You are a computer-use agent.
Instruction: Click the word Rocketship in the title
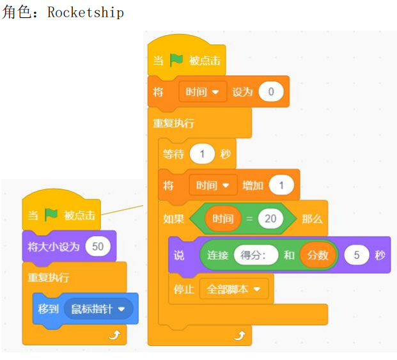[86, 12]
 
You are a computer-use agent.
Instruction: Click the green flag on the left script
[51, 215]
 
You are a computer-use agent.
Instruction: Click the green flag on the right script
[176, 60]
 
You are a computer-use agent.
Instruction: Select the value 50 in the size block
[98, 246]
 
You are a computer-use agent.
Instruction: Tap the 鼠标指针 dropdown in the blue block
[98, 309]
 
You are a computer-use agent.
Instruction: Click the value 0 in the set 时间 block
[271, 91]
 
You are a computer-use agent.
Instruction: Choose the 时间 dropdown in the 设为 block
[203, 91]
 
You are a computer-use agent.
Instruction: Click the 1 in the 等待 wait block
[202, 153]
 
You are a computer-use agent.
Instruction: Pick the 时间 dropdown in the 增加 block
[213, 185]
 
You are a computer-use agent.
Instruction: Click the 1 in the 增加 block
[281, 185]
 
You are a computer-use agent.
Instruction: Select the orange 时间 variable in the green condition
[223, 219]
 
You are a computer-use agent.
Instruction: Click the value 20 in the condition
[270, 219]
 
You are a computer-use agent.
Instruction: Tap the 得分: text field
[256, 255]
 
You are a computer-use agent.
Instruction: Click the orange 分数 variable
[318, 255]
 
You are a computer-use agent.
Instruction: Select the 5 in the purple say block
[357, 255]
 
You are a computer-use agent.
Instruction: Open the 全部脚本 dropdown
[234, 289]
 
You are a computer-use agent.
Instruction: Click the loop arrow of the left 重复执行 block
[114, 335]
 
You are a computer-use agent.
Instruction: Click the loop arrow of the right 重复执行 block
[240, 336]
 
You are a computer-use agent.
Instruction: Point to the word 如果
[173, 219]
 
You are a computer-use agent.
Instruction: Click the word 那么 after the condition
[312, 219]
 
